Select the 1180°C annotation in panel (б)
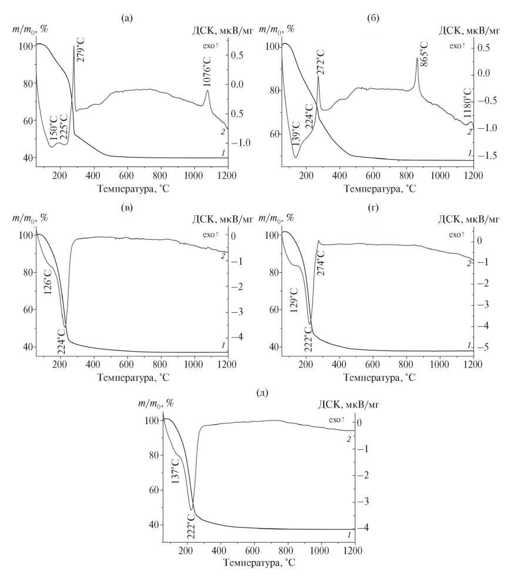pos(468,105)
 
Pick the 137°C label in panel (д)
pos(175,471)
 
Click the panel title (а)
pos(127,19)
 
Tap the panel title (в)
pos(127,207)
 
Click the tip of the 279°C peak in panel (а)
pos(74,46)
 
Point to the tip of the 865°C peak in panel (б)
pos(417,58)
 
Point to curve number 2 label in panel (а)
pos(223,132)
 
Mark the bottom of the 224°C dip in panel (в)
pos(65,325)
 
